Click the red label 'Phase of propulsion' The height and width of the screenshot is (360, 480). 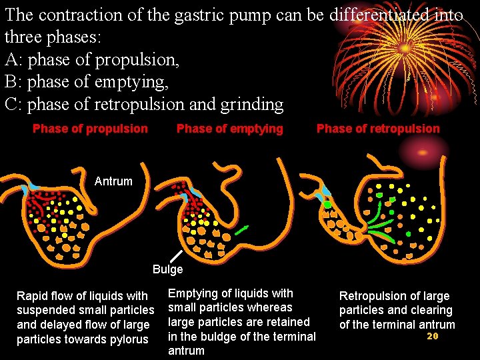pyautogui.click(x=90, y=129)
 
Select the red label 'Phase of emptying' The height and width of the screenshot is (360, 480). pyautogui.click(x=229, y=129)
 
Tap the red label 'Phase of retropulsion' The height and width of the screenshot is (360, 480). pyautogui.click(x=378, y=129)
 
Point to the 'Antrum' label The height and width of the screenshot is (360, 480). pyautogui.click(x=113, y=181)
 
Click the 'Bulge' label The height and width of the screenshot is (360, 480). pyautogui.click(x=167, y=269)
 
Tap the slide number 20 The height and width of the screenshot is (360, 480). pyautogui.click(x=432, y=337)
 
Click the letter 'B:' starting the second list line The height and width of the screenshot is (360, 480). pyautogui.click(x=14, y=82)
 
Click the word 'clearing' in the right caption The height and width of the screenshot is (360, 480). pyautogui.click(x=431, y=311)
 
